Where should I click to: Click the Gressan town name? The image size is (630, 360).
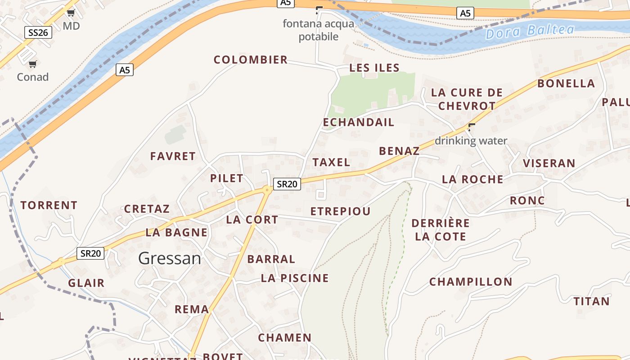click(170, 258)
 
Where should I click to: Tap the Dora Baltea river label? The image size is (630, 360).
click(530, 31)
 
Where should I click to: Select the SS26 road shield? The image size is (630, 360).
click(38, 32)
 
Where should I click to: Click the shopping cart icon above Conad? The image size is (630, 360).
click(32, 64)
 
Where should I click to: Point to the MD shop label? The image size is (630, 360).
click(71, 26)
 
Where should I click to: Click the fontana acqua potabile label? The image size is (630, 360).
click(318, 30)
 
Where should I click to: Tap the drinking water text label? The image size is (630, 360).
click(471, 141)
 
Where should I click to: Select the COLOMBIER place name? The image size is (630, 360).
click(251, 60)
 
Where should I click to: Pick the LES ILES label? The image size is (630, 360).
click(374, 68)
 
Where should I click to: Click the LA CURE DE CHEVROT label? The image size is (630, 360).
click(467, 99)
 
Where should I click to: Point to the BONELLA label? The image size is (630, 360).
click(566, 83)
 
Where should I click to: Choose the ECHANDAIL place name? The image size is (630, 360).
click(359, 122)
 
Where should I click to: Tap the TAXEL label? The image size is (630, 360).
click(331, 162)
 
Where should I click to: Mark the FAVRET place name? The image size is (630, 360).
click(173, 156)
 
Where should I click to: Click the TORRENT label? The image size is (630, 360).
click(49, 205)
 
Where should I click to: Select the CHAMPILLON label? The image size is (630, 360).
click(471, 282)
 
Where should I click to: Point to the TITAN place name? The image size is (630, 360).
click(591, 301)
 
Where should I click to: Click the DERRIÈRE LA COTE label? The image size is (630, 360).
click(441, 229)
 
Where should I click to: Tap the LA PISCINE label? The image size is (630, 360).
click(295, 278)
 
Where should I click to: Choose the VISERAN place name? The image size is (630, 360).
click(549, 163)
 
